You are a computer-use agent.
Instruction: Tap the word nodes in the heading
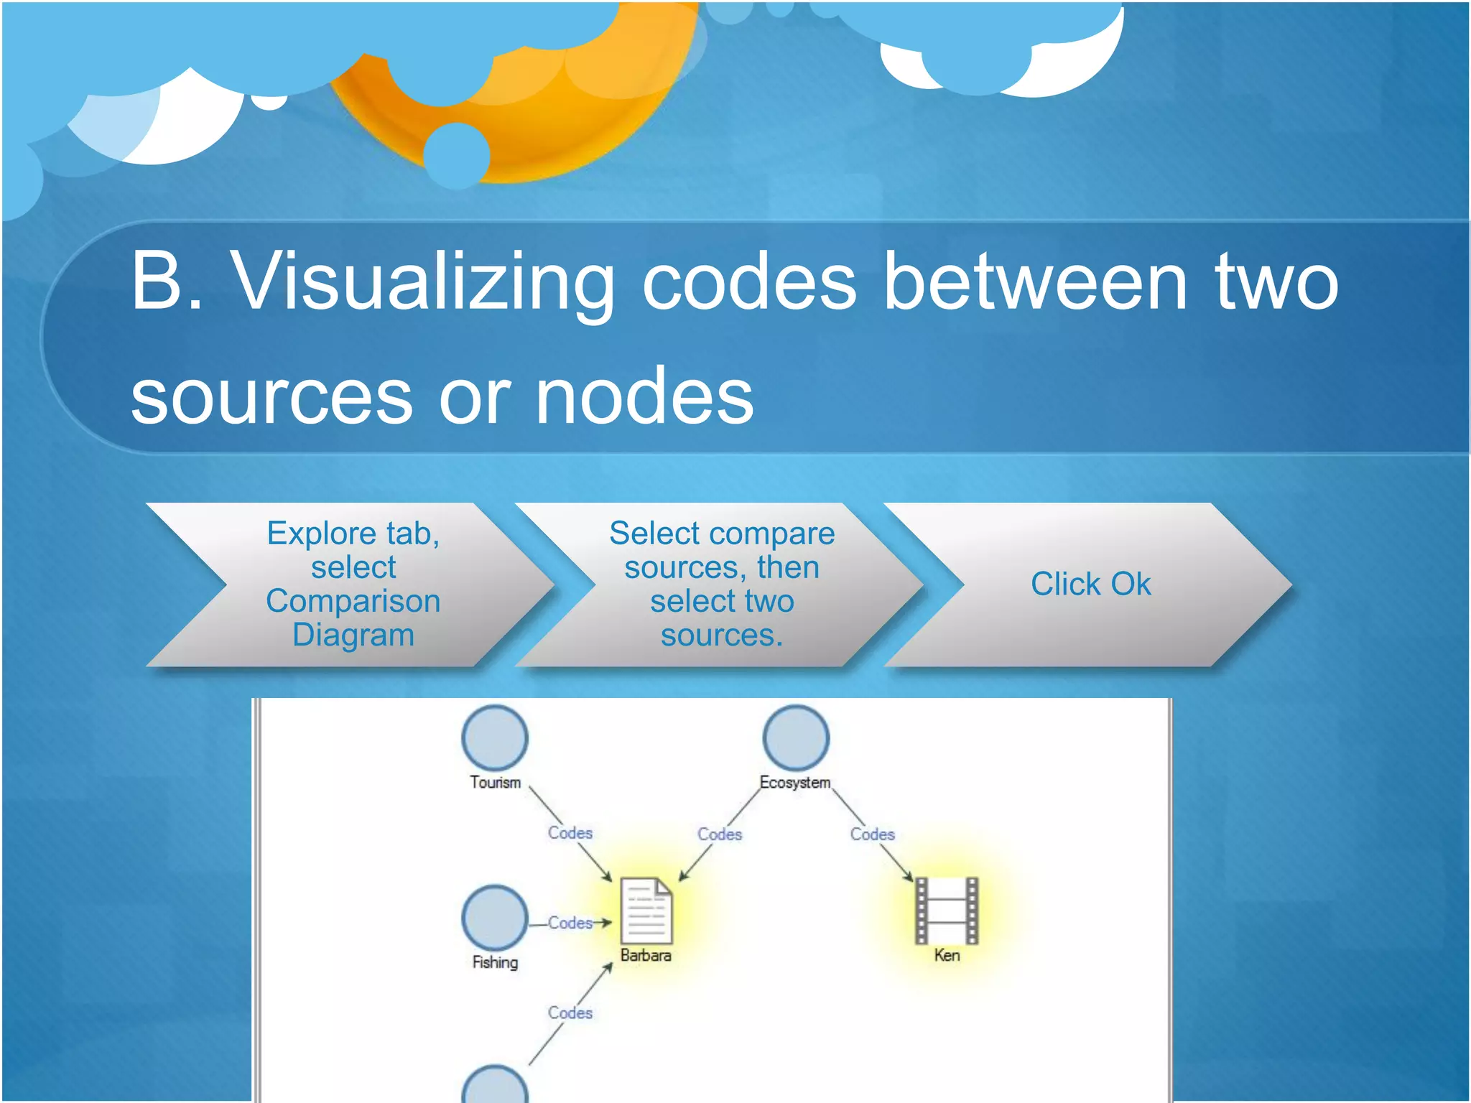[644, 396]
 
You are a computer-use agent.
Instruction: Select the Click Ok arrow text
[1090, 584]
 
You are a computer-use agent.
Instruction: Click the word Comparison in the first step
[353, 601]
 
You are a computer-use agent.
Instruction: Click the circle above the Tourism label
[495, 737]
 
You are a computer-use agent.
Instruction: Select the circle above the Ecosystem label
[796, 737]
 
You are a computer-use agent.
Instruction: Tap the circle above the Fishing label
[495, 917]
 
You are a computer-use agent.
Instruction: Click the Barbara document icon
[646, 911]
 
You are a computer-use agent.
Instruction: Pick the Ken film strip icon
[947, 910]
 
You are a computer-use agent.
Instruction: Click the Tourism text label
[495, 783]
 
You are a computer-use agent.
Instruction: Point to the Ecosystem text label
[795, 783]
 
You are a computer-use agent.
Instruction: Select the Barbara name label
[646, 956]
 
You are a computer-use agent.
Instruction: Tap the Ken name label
[947, 956]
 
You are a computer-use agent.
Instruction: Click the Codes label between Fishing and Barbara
[570, 923]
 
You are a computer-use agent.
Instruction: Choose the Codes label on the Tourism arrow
[570, 833]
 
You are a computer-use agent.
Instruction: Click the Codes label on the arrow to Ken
[872, 834]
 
